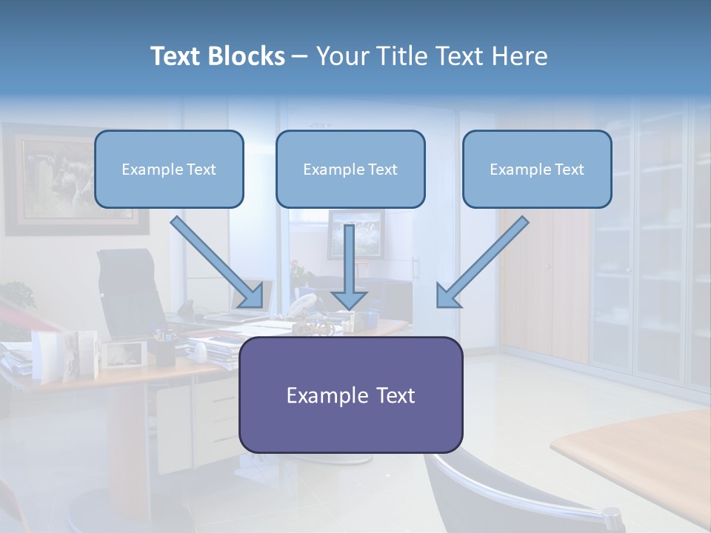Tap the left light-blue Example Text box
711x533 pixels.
tap(169, 169)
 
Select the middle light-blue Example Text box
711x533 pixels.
tap(350, 169)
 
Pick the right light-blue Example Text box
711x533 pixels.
tap(537, 169)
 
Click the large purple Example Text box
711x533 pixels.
tap(350, 395)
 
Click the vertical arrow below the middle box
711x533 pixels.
tap(349, 266)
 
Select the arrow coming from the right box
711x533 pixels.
tap(482, 262)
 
